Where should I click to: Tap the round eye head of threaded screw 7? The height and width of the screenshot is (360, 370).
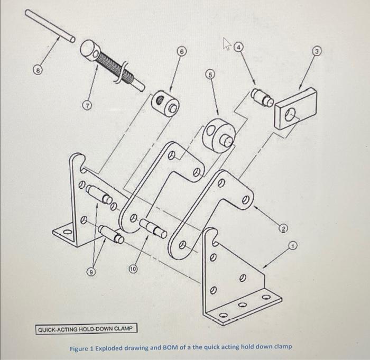[91, 51]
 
